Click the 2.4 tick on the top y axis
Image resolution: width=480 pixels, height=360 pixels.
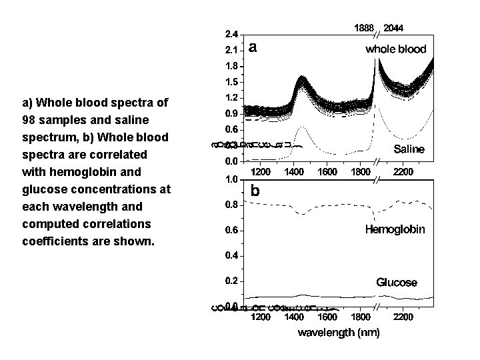pos(231,34)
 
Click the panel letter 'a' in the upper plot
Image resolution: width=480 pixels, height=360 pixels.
pos(253,47)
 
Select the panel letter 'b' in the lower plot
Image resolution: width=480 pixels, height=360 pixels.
pos(255,191)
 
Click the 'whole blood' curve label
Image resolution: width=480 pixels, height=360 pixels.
pos(395,49)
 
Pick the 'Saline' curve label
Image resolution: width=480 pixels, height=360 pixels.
pos(408,149)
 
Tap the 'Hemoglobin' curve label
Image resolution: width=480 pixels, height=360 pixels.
pos(395,230)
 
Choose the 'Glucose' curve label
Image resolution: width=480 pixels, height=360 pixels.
pos(397,282)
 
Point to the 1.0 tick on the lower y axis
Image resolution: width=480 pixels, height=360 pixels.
pos(231,179)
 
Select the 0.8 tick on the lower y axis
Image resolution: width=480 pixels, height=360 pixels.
pos(231,205)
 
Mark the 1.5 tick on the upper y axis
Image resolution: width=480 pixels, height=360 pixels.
pos(231,82)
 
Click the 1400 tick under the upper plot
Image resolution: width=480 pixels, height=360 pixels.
pos(294,171)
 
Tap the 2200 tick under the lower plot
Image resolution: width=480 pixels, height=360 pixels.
pos(403,317)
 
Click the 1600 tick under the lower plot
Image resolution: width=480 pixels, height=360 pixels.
pos(327,317)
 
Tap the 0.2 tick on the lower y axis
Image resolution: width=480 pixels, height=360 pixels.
pos(231,281)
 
